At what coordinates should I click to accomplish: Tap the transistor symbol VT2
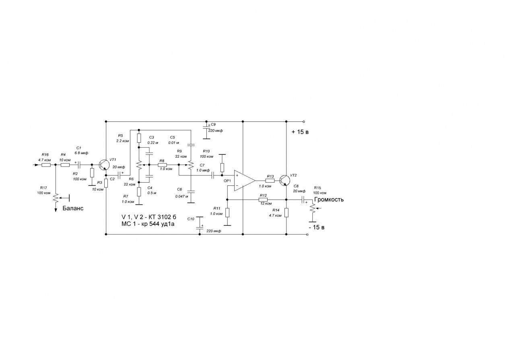285,180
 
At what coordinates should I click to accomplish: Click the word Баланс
73,208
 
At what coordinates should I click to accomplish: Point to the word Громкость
329,199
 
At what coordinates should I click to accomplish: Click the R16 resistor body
45,165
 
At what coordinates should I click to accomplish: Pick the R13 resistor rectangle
270,181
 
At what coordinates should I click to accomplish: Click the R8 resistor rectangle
162,165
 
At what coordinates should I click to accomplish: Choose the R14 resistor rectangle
286,212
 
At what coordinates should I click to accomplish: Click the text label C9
213,125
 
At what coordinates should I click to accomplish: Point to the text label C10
191,218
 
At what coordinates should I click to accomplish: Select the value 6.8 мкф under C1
81,153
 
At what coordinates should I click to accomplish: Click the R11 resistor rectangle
227,212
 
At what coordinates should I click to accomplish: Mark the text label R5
120,135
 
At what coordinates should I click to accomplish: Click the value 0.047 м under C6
182,196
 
